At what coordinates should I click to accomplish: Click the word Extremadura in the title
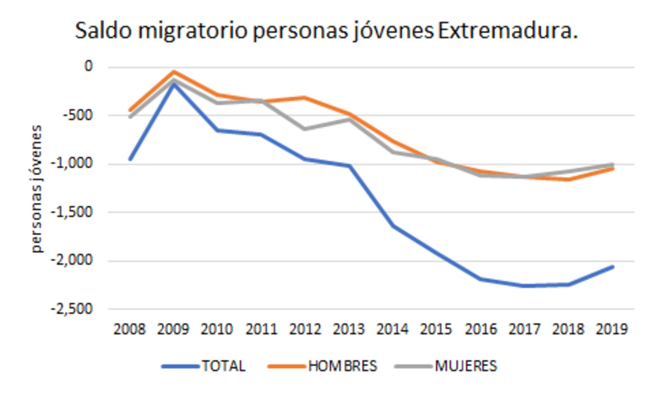508,31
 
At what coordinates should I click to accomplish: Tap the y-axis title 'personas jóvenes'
37,189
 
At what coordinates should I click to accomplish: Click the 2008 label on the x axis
129,329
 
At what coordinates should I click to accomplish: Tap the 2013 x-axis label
349,329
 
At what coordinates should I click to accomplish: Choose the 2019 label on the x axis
612,329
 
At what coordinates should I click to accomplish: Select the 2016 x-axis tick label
481,329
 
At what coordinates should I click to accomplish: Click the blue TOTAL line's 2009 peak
174,84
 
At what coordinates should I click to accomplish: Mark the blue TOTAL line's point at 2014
393,226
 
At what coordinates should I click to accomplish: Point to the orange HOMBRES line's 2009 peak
174,72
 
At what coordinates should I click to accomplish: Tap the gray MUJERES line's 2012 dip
305,129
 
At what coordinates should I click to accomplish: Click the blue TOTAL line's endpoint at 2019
612,267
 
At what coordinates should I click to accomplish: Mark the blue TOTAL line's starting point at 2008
130,159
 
